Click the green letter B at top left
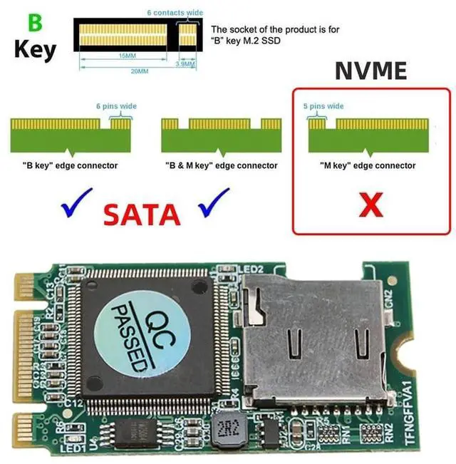point(34,22)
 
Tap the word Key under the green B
point(35,51)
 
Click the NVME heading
point(370,71)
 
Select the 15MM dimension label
point(128,56)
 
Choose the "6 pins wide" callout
point(116,106)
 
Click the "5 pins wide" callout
point(323,106)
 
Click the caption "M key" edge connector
point(367,166)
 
